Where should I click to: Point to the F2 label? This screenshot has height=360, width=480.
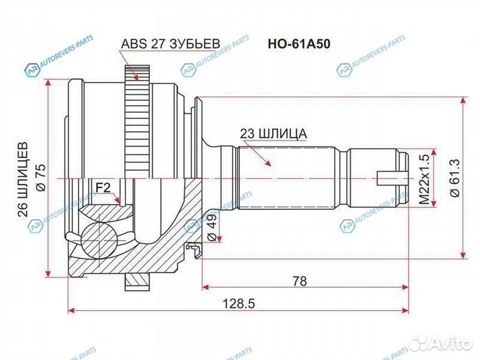103,189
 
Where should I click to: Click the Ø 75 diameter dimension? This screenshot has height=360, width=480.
41,179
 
